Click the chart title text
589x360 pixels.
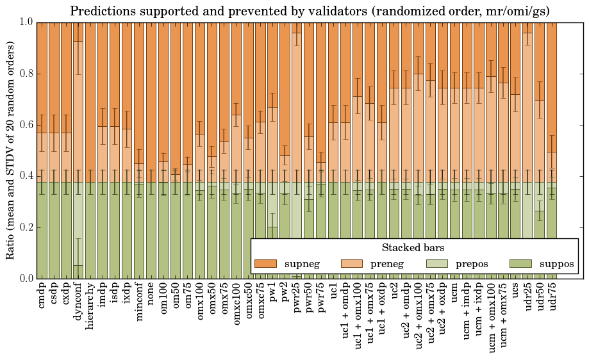(x=310, y=11)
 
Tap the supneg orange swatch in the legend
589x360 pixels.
(x=265, y=264)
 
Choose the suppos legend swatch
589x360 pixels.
(x=521, y=264)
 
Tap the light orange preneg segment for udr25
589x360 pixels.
(x=527, y=102)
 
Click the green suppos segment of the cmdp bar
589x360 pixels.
(x=42, y=231)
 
